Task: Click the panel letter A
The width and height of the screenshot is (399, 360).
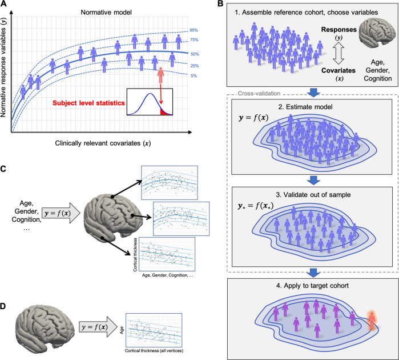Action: pos(5,5)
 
